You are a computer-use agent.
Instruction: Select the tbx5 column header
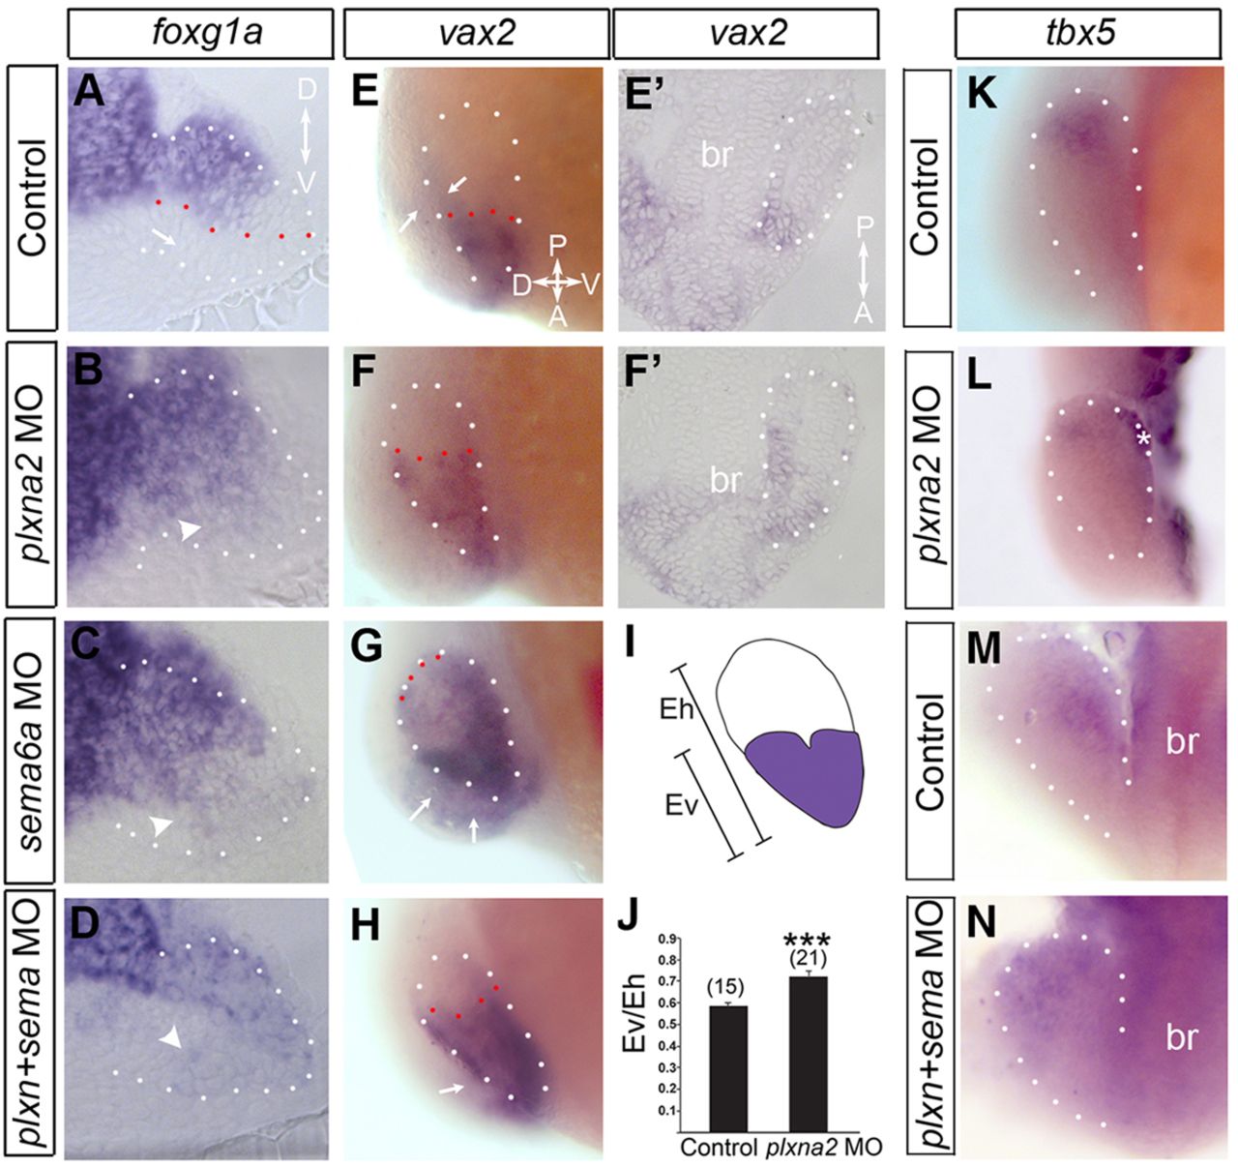tap(1086, 33)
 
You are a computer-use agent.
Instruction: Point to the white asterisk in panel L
tap(1147, 441)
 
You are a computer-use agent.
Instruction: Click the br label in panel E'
tap(717, 154)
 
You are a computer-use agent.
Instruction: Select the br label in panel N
tap(1182, 1037)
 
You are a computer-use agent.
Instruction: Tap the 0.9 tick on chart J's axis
tap(665, 939)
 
